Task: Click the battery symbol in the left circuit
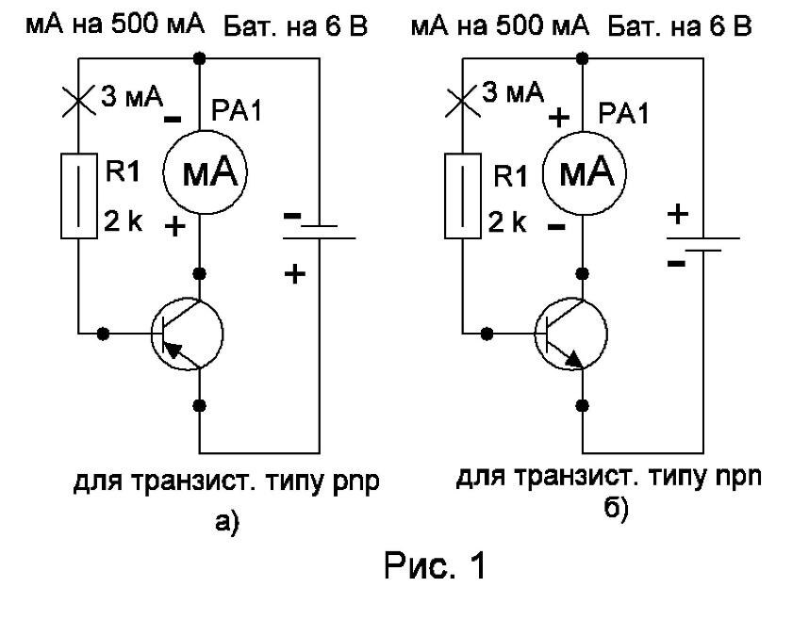point(320,232)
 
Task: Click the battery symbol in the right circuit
point(703,244)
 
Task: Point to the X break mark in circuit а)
point(78,101)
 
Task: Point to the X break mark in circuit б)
point(463,101)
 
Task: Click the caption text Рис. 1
point(435,566)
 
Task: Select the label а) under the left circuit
point(227,522)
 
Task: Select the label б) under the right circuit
point(616,509)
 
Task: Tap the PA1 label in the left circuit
point(237,110)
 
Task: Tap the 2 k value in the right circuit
point(507,222)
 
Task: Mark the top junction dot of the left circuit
point(200,58)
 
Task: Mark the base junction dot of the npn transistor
point(487,334)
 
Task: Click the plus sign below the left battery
point(294,273)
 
